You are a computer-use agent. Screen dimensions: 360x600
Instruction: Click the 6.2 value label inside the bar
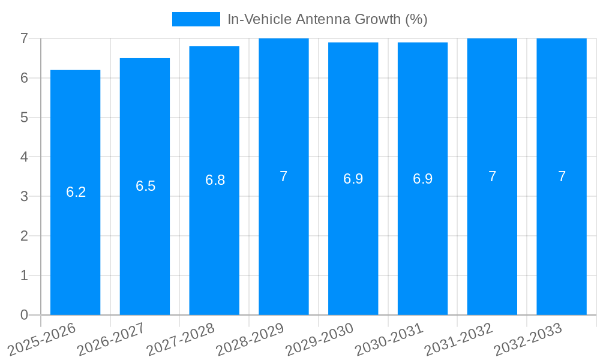(x=76, y=192)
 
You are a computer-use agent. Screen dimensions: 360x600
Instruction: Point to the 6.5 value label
(x=145, y=186)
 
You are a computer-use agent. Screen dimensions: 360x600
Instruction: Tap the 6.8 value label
(x=215, y=180)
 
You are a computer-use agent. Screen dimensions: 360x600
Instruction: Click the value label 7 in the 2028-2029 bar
(x=284, y=176)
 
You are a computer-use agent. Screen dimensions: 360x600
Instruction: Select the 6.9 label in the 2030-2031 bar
(x=422, y=179)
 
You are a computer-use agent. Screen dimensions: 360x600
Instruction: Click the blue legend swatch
(x=196, y=19)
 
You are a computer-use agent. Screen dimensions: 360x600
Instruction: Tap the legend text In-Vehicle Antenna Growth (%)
(x=327, y=19)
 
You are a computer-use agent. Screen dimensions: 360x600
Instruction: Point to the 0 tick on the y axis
(x=24, y=315)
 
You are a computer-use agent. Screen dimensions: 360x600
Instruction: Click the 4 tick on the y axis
(x=24, y=157)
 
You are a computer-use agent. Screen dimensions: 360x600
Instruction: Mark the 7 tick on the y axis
(x=24, y=38)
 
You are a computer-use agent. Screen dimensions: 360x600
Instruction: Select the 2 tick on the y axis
(x=24, y=236)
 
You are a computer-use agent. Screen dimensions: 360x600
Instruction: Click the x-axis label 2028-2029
(x=251, y=339)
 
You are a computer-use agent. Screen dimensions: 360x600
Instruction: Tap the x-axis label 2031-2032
(x=459, y=339)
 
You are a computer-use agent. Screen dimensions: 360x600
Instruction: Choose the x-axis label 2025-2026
(x=43, y=339)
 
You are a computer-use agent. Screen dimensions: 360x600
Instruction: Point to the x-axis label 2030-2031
(x=389, y=339)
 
